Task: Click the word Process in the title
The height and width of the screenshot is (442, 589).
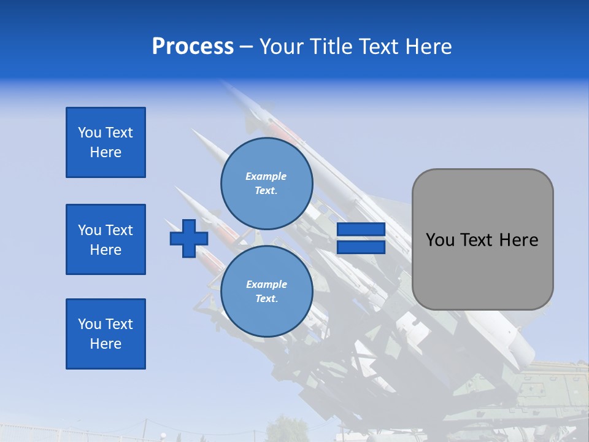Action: click(x=193, y=47)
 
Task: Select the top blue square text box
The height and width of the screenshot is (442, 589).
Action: click(x=106, y=142)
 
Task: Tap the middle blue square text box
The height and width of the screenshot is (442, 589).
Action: click(x=106, y=239)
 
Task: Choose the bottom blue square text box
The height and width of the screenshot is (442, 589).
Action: click(x=106, y=334)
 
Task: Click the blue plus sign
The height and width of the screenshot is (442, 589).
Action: click(x=188, y=238)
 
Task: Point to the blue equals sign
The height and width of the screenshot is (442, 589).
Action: click(x=361, y=238)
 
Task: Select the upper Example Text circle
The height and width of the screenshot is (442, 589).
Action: click(x=266, y=184)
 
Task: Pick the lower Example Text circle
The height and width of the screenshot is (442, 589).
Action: click(x=266, y=292)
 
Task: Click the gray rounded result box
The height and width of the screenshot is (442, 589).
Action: click(x=482, y=239)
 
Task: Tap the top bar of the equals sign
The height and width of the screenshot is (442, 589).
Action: click(x=361, y=230)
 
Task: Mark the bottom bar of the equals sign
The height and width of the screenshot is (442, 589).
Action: click(x=361, y=247)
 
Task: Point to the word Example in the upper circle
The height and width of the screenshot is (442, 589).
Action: click(x=266, y=177)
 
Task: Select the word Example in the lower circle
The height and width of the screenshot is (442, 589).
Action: click(x=266, y=285)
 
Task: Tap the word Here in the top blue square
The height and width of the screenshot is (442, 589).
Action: click(x=106, y=152)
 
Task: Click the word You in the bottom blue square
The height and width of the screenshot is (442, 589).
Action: click(x=90, y=324)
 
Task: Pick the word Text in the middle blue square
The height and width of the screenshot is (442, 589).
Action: click(x=119, y=230)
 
